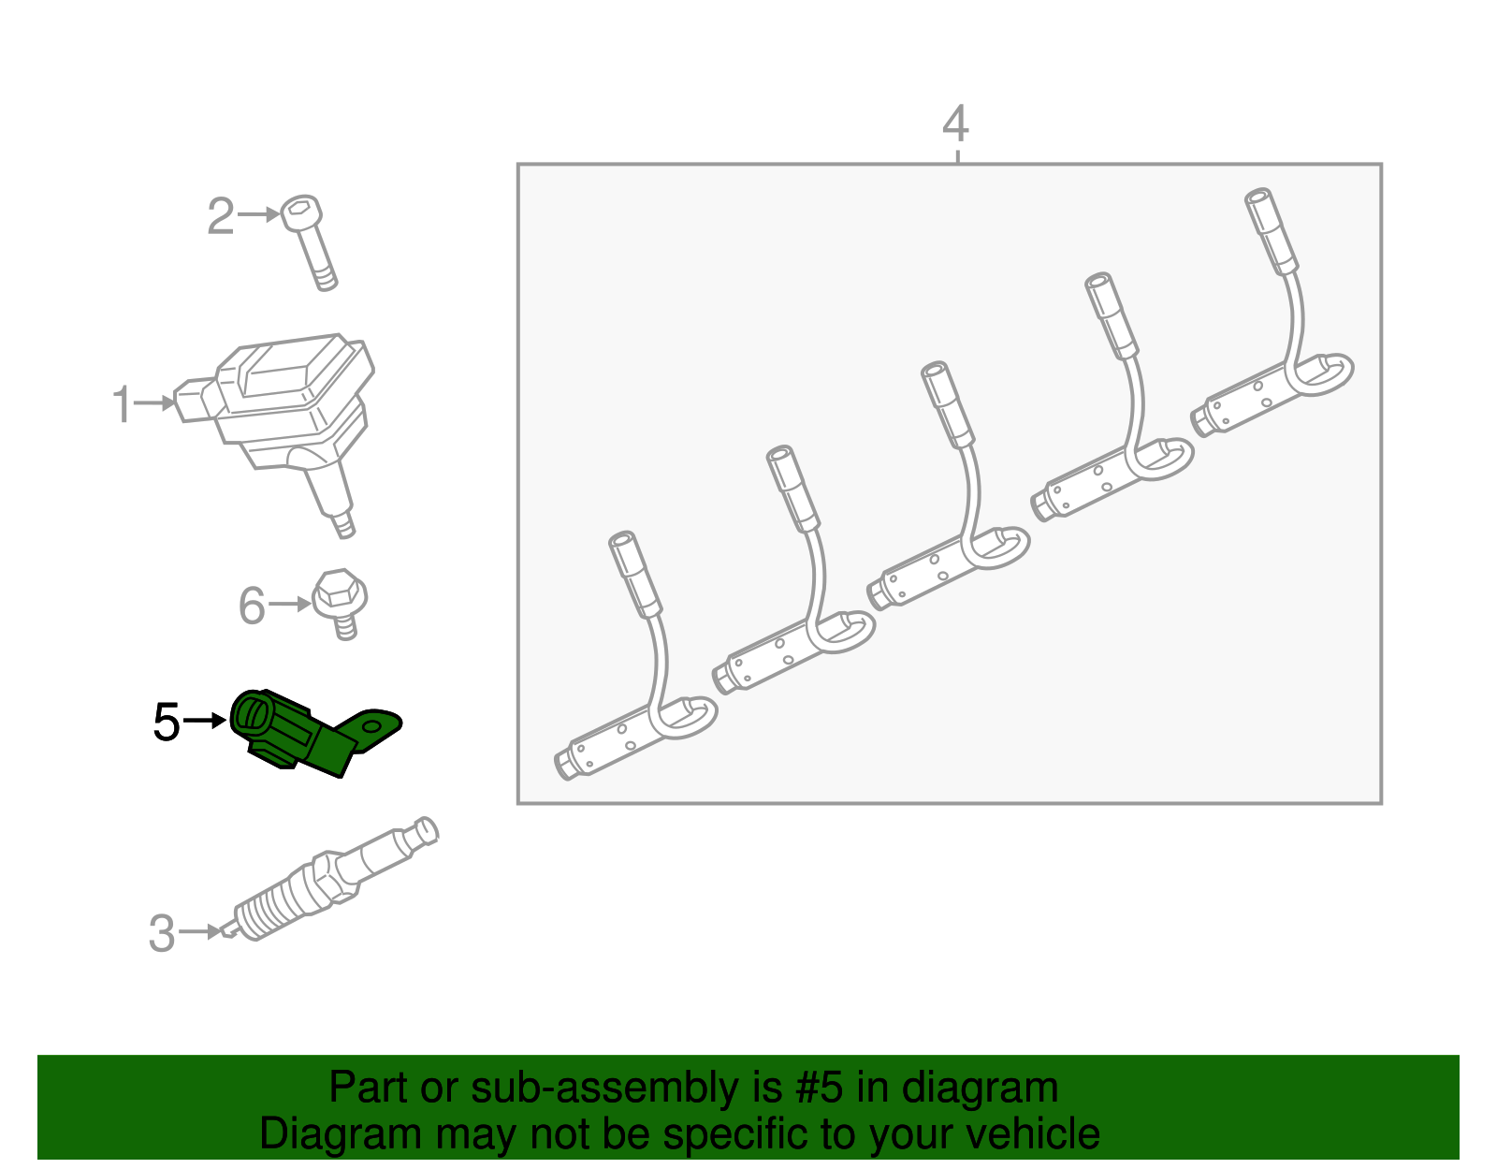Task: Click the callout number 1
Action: point(122,403)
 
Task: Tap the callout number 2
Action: point(221,215)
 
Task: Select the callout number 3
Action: point(162,933)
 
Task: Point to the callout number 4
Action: point(955,124)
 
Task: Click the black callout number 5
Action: point(166,722)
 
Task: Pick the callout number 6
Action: point(252,606)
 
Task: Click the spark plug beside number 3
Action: point(330,878)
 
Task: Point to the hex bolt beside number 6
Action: point(341,604)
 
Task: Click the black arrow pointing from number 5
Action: point(205,721)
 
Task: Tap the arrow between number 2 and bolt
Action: point(259,214)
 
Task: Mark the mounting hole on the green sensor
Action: point(371,726)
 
